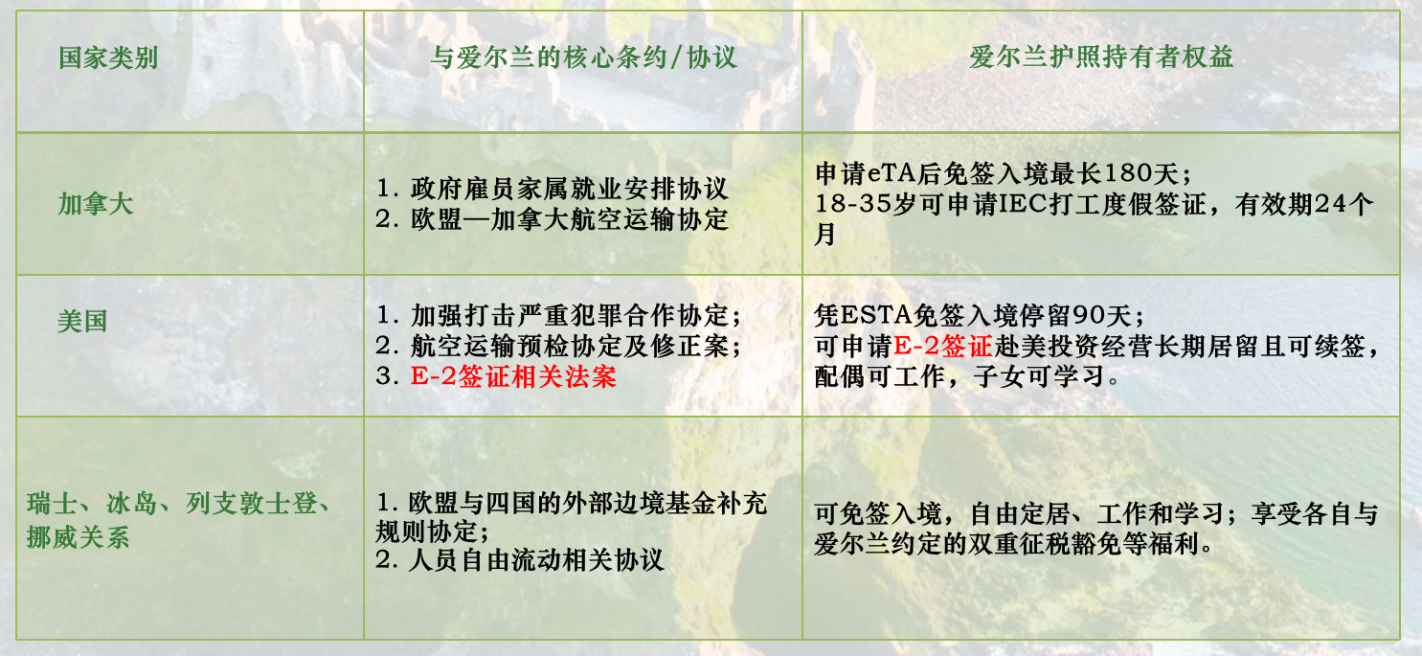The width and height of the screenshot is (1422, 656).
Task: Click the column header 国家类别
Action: coord(108,58)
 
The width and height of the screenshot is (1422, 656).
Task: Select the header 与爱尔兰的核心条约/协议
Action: coord(583,58)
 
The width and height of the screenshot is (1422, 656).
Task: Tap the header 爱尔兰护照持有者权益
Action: coord(1101,58)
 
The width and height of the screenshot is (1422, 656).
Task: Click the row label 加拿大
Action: coord(95,204)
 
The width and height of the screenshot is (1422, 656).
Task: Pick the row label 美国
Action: coord(82,322)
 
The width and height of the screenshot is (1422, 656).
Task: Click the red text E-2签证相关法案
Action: coord(513,376)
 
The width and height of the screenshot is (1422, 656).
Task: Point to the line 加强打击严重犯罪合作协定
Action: coord(576,315)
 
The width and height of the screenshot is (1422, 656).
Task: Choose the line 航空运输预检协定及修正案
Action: coord(576,346)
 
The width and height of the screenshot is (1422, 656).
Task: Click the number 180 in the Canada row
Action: coord(1133,173)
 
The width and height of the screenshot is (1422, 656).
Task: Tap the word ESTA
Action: coord(871,315)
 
